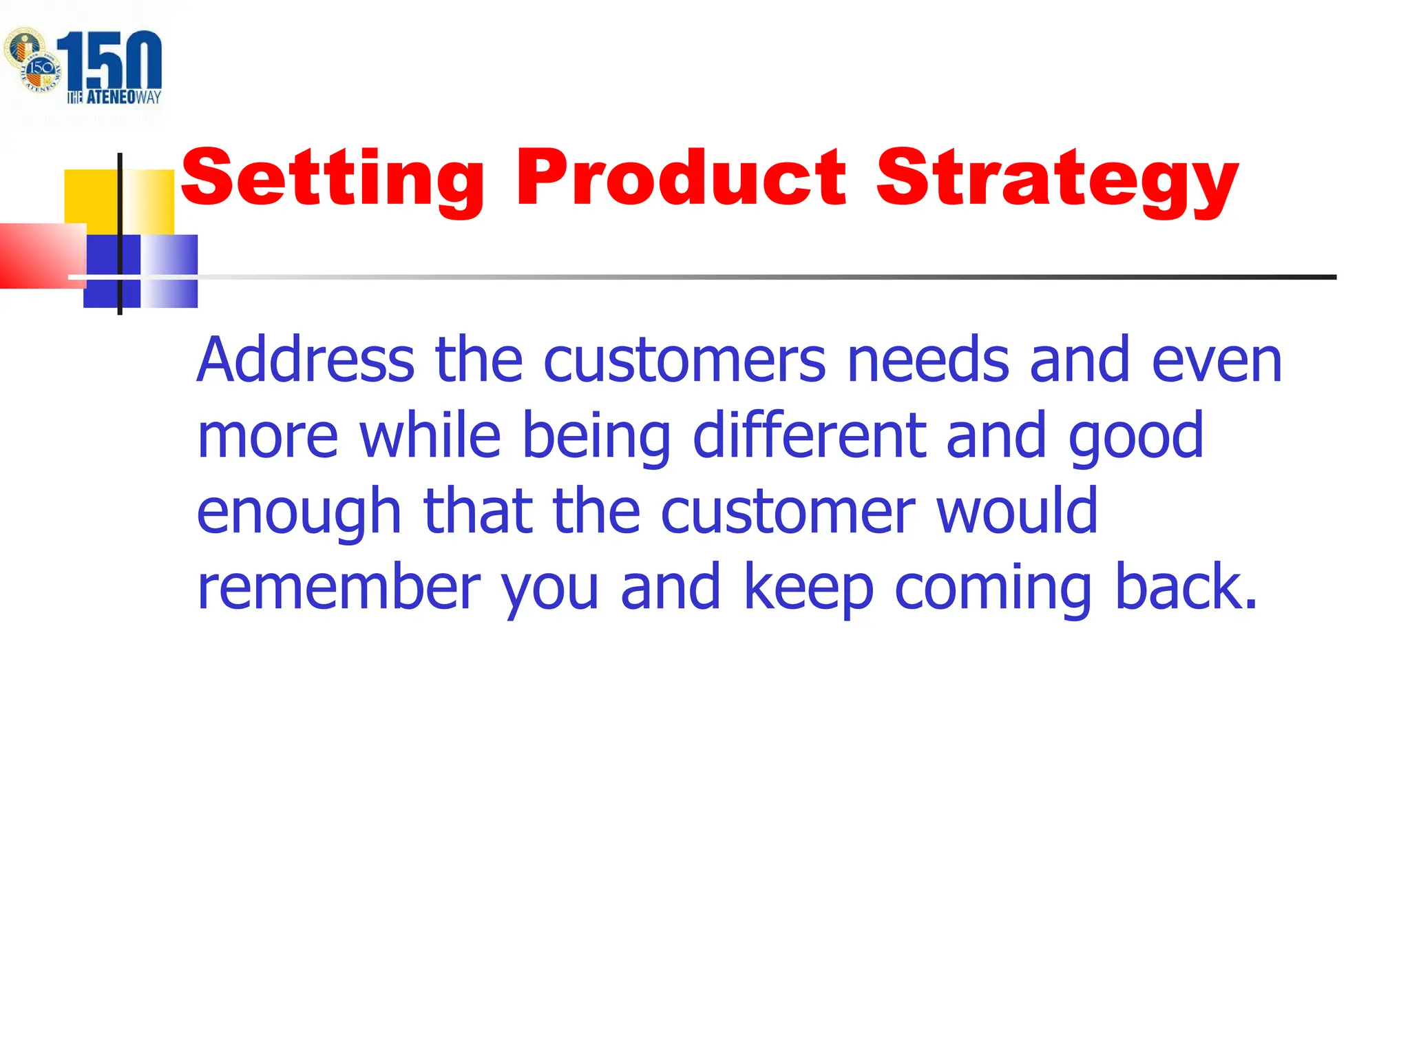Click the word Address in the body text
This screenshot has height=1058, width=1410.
coord(305,360)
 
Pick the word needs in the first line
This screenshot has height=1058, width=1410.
coord(927,360)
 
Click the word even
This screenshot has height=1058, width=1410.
coord(1217,361)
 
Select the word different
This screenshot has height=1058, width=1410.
coord(809,435)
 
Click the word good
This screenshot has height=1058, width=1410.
coord(1136,438)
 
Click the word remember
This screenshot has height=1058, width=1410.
coord(338,587)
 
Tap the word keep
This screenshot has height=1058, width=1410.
coord(808,588)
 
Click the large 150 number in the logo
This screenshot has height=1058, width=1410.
coord(110,61)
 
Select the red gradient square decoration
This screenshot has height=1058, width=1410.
coord(41,256)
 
